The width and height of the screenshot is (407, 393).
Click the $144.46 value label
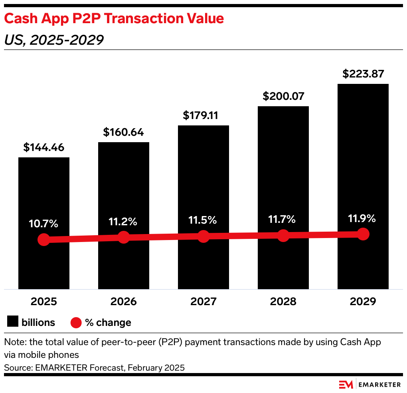tap(44, 147)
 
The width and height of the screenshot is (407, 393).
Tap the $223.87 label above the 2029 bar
tap(363, 74)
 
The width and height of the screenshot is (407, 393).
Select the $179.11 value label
tap(203, 115)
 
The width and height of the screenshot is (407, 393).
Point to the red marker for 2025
tap(44, 240)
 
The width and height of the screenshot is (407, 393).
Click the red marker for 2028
tap(283, 235)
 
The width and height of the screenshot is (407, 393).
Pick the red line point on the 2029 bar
tap(363, 234)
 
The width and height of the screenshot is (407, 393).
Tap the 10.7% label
tap(43, 224)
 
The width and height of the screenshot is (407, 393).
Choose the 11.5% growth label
tap(203, 220)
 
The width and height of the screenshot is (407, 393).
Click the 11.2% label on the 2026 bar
tap(123, 221)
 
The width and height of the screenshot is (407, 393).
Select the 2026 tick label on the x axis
tap(123, 302)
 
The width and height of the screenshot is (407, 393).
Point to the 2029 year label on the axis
tap(363, 302)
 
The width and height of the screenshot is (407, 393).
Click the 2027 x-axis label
tap(203, 302)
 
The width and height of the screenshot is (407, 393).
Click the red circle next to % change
tap(76, 322)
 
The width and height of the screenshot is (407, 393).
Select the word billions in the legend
tap(38, 322)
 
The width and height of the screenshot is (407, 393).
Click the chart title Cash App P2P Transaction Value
tap(114, 18)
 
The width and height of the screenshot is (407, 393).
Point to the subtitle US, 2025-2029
tap(53, 40)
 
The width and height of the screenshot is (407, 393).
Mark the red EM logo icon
tap(346, 384)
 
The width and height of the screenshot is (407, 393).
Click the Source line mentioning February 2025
tap(94, 367)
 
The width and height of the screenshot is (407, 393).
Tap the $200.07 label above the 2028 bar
tap(283, 96)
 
